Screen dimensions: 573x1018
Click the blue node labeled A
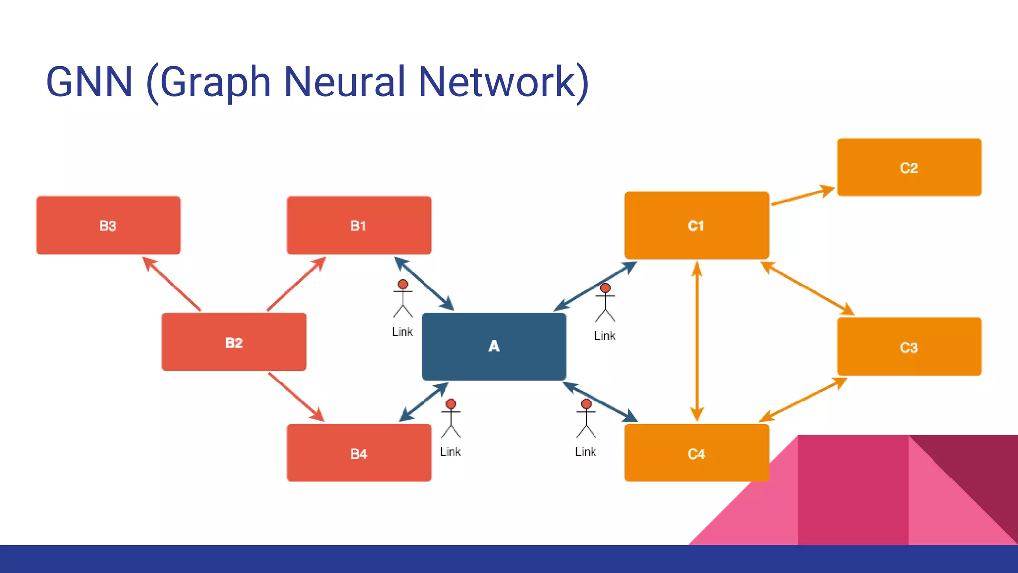point(494,346)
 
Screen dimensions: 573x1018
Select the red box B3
point(108,225)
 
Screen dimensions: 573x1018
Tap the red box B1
point(359,225)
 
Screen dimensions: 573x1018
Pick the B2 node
point(234,342)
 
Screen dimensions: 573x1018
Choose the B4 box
point(359,453)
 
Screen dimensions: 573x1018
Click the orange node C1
point(696,225)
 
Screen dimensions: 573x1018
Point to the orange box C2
point(909,168)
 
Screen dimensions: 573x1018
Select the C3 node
point(909,347)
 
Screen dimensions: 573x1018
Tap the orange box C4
point(696,453)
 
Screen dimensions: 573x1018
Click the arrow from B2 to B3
point(172,284)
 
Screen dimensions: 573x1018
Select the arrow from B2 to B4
point(296,397)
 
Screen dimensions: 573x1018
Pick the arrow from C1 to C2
point(802,196)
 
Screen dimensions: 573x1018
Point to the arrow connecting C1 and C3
point(807,288)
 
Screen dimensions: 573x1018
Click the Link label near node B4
point(450,452)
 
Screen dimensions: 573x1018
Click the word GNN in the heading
point(89,82)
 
